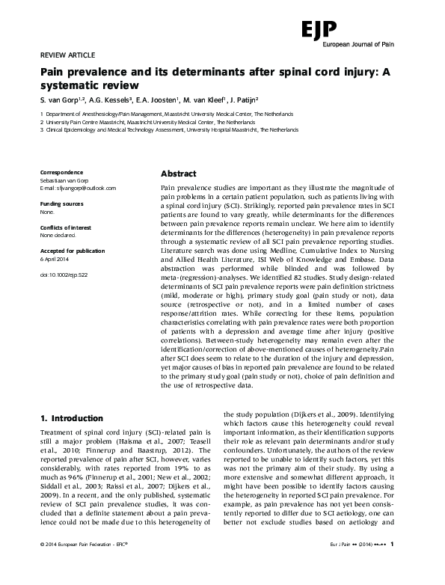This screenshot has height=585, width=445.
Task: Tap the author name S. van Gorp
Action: coord(62,99)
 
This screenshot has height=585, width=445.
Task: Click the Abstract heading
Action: coord(179,171)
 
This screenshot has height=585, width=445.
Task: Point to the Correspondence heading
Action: coord(62,172)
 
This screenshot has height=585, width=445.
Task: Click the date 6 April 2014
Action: coord(56,259)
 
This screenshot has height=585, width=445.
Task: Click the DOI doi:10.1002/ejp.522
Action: coord(64,275)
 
